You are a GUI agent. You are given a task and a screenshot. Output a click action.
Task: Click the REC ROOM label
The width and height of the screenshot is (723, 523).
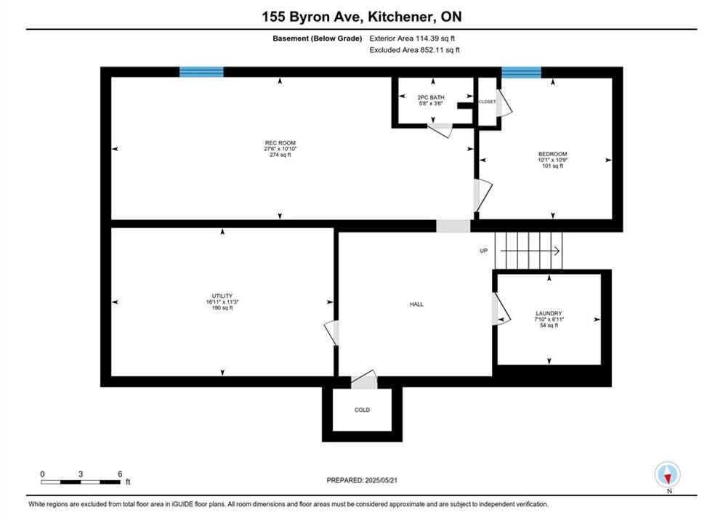coord(280,143)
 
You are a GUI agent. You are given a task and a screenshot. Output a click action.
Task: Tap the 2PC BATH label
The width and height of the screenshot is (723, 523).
coord(431,97)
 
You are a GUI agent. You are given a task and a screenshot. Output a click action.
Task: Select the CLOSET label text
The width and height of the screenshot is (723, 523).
coord(487,102)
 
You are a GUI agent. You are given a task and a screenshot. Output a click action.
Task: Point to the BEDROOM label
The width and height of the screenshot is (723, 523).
coord(552,154)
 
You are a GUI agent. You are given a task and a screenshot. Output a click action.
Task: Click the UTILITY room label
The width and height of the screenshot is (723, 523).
coord(222,296)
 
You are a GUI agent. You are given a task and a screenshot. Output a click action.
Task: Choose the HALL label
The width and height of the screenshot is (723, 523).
coord(416,304)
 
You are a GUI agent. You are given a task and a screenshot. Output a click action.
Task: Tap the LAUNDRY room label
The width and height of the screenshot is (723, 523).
coord(549,313)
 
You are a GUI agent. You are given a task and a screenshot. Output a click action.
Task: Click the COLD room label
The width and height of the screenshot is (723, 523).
coord(362,410)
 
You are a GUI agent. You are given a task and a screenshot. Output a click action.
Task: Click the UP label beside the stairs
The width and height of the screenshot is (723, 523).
coord(483,251)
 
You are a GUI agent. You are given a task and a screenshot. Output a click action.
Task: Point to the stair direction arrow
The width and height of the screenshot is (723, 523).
coord(530,251)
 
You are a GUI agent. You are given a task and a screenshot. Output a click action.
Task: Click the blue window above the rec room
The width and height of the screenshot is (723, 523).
coord(201,72)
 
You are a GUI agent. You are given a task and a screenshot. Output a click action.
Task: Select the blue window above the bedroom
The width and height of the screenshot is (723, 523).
coord(521,73)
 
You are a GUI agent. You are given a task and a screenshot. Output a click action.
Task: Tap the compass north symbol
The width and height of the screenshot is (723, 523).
coord(667,474)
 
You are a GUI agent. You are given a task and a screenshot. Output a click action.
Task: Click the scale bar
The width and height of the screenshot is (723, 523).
coord(81,482)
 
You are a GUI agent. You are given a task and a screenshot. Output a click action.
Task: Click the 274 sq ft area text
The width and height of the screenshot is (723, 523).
coord(280,155)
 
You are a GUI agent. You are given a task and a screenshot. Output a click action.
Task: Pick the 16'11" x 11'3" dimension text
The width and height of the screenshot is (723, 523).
coord(222,302)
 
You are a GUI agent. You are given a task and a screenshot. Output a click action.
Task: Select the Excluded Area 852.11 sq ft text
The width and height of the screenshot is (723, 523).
coord(414,50)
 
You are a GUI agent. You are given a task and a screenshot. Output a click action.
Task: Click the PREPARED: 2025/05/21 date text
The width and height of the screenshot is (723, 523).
coord(362,480)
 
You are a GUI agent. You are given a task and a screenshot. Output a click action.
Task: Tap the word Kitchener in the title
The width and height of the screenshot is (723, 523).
coord(400,17)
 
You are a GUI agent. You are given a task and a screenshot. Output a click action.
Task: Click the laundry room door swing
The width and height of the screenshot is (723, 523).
coord(501,309)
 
